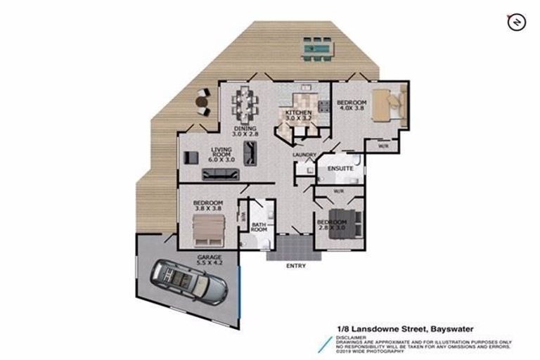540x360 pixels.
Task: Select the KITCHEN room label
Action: (299, 113)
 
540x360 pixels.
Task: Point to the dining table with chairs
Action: (244, 103)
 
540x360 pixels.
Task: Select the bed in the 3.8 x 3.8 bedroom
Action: (209, 229)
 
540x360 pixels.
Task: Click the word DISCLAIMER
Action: (349, 335)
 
